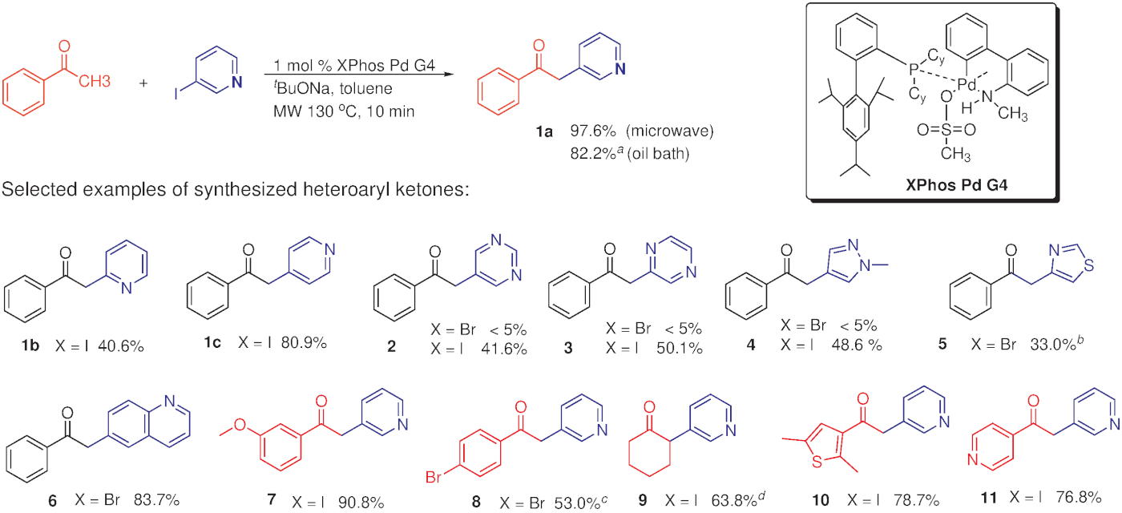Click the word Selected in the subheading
point(34,192)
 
